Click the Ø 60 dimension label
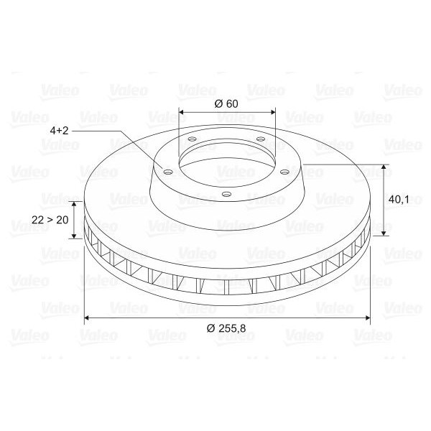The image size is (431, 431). [x=226, y=104]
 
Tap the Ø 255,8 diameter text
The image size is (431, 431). [x=226, y=328]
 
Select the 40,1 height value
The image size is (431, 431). [x=399, y=200]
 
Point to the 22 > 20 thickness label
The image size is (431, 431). [x=50, y=220]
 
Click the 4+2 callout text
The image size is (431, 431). [x=59, y=130]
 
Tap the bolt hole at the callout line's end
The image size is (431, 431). [x=167, y=172]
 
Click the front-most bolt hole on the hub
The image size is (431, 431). [x=226, y=194]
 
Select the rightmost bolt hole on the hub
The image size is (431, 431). [x=284, y=172]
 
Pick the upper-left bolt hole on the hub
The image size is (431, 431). [x=192, y=139]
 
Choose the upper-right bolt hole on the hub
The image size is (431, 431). [x=261, y=139]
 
